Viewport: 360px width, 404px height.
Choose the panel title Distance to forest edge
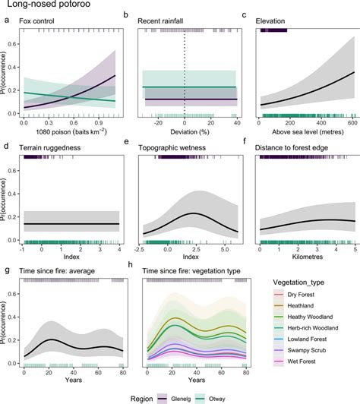point(302,144)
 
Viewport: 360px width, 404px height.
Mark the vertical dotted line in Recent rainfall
point(185,76)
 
